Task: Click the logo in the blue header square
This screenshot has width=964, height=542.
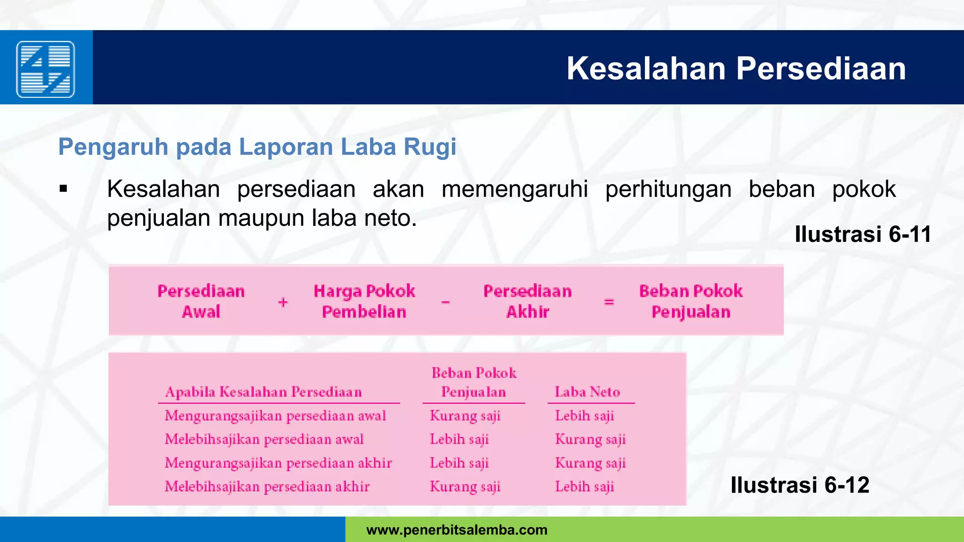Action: (46, 69)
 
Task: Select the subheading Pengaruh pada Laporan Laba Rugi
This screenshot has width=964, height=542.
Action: (257, 147)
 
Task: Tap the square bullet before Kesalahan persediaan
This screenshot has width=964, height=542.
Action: (64, 190)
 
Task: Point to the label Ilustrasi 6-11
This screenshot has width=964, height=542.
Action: (862, 234)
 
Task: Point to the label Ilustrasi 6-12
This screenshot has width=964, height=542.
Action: (799, 485)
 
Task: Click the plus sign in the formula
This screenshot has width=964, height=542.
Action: (283, 302)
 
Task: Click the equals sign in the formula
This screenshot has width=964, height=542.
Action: (609, 302)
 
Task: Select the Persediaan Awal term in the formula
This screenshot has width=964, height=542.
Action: (201, 301)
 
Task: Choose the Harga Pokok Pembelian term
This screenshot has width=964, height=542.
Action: (364, 301)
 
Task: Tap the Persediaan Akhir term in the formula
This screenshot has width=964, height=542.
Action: (528, 301)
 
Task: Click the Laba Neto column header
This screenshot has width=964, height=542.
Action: (587, 392)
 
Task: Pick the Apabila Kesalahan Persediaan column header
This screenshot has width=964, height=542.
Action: (264, 392)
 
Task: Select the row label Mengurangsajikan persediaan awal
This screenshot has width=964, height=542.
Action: (275, 416)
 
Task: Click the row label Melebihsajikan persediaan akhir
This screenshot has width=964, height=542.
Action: (267, 486)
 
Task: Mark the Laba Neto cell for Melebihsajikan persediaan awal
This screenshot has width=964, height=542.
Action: (590, 439)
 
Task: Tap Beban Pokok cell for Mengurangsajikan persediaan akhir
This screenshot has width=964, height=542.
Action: (459, 463)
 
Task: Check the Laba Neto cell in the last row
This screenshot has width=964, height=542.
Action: (585, 486)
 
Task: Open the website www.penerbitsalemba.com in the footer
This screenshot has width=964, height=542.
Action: (457, 530)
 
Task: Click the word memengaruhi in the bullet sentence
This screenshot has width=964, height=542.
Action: (514, 190)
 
